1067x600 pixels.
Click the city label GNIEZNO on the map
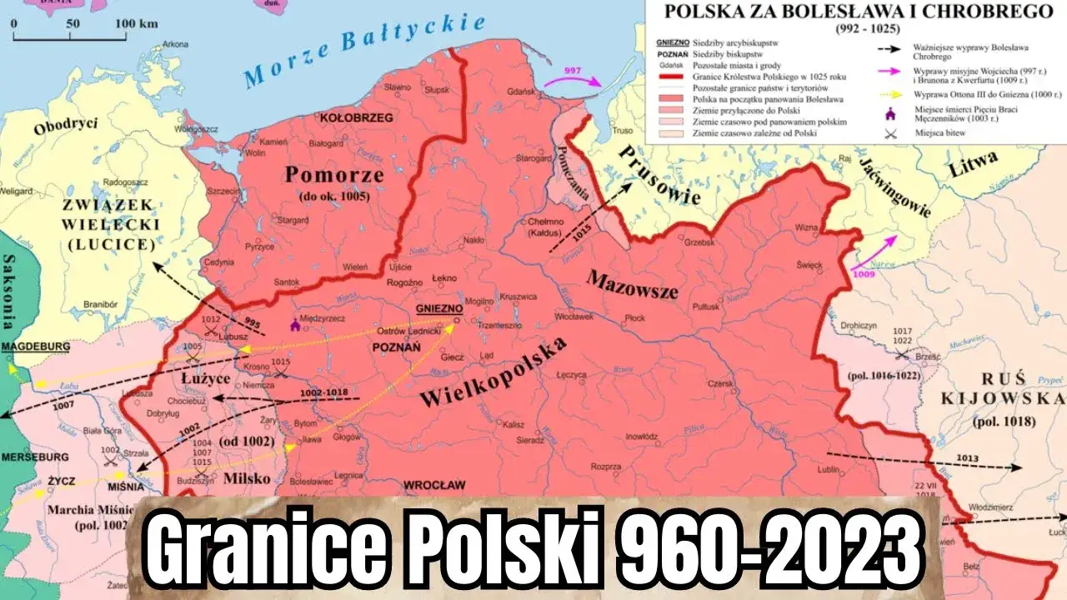pos(438,307)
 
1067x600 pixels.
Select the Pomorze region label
pos(334,175)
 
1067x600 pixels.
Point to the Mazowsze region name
pos(632,286)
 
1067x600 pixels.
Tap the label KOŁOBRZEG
pos(356,117)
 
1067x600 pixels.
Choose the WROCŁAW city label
pos(433,484)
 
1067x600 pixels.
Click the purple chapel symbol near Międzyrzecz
pos(293,326)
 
